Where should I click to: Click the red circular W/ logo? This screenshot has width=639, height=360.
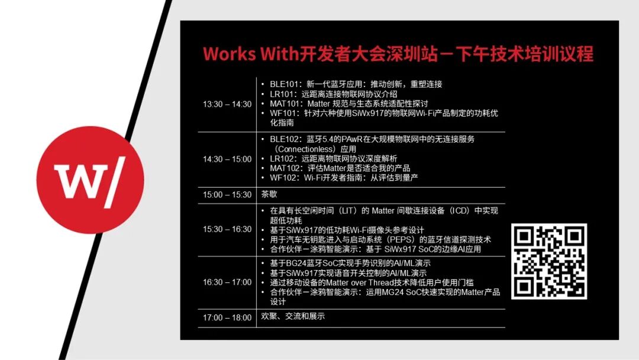(90, 180)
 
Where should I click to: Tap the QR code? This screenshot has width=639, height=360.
(549, 261)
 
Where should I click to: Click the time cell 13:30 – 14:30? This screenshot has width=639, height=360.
(227, 104)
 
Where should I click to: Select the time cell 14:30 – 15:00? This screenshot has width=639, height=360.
(227, 159)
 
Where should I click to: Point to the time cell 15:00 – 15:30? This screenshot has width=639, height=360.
(227, 195)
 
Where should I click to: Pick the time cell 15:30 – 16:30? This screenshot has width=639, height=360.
(227, 230)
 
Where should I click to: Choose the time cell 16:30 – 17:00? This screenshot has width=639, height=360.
(227, 282)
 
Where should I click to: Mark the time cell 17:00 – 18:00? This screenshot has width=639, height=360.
(227, 317)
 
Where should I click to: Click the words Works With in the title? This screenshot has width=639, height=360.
(251, 54)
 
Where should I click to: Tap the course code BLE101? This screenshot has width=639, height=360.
(285, 85)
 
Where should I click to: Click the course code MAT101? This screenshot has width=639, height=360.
(285, 104)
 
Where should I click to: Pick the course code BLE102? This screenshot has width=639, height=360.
(285, 139)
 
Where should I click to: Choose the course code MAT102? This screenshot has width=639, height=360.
(285, 168)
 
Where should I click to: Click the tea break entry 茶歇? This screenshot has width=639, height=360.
(269, 194)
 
